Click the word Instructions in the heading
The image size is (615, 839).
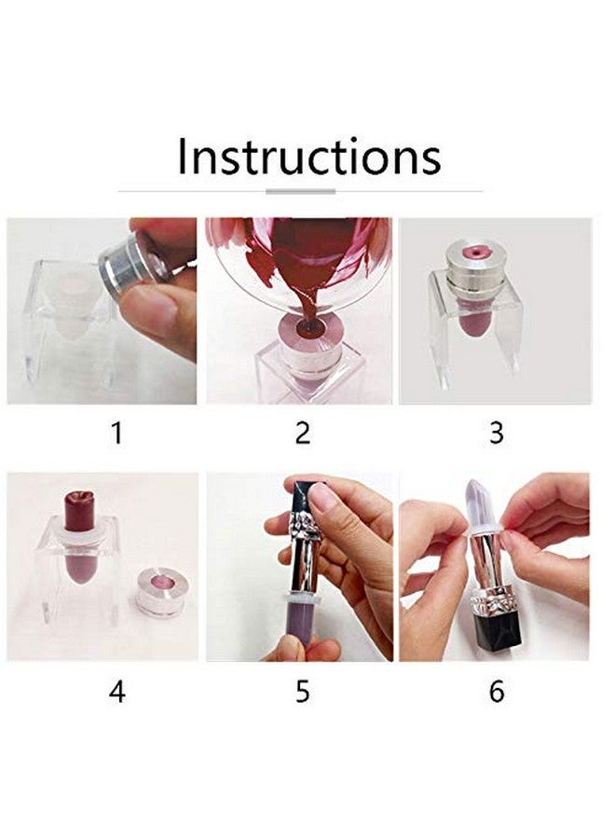[308, 156]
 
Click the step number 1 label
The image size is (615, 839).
[116, 433]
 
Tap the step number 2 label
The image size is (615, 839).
[302, 433]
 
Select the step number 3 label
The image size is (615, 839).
[496, 433]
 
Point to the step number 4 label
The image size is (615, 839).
[116, 691]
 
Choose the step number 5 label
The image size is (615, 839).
[302, 691]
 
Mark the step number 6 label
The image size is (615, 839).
[496, 691]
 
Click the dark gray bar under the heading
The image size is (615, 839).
[300, 191]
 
